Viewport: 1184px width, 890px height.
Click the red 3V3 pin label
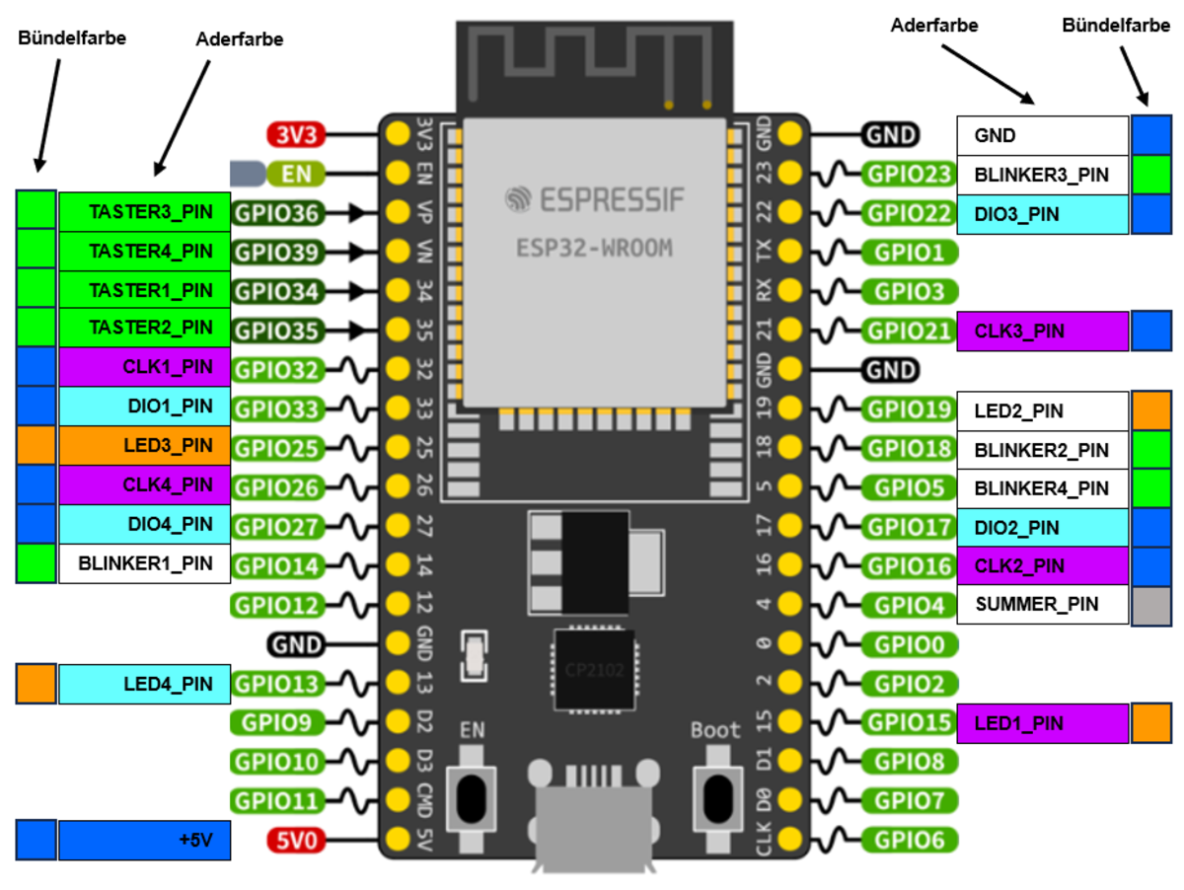[295, 134]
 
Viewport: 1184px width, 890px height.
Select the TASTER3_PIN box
[144, 211]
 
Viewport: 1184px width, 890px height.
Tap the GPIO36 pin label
[277, 211]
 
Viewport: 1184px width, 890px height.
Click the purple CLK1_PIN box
[144, 367]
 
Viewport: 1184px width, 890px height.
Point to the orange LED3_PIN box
[144, 445]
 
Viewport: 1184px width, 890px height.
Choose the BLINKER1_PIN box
[144, 564]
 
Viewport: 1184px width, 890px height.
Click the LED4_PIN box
[144, 683]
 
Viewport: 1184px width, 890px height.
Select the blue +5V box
[144, 840]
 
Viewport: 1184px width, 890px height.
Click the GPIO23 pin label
[908, 175]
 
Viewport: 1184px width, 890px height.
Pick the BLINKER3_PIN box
[1042, 175]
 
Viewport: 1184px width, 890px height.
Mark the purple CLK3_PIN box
[1042, 332]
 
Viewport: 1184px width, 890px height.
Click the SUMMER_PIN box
[1042, 604]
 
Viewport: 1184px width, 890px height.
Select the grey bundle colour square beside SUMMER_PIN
[1151, 604]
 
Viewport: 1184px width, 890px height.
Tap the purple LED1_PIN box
[1042, 723]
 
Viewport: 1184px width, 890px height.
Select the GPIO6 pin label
[908, 841]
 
